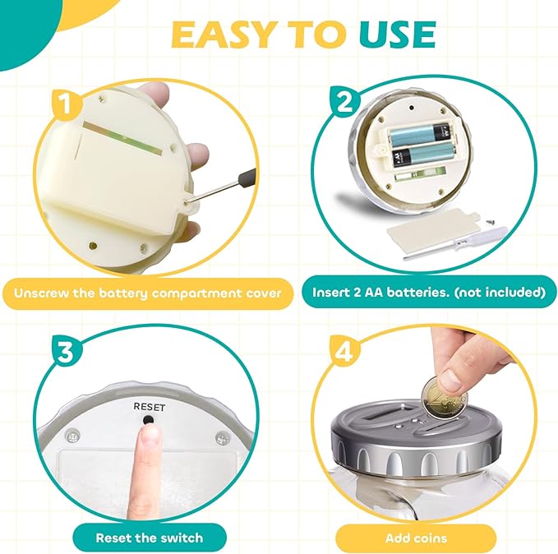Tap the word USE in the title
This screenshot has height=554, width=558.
coord(397,35)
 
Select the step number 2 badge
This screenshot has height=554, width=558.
coord(344,101)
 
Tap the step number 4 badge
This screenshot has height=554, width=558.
coord(344,352)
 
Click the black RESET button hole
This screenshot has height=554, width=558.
coord(148,420)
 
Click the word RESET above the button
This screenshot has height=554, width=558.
coord(150,407)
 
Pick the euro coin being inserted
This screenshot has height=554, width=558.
coord(444,397)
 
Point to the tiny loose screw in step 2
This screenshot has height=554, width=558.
coord(487,221)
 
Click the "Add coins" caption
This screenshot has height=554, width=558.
coord(416,538)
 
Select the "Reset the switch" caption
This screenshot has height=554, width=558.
coord(150,538)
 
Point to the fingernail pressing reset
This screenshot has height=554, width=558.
coord(150,435)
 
